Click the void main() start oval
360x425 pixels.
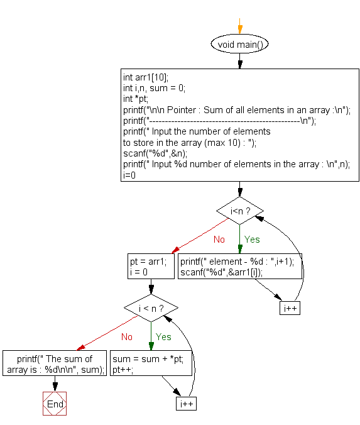point(239,44)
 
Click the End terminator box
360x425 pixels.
point(55,404)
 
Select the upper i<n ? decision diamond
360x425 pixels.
point(239,210)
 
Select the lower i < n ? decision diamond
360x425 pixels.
point(150,308)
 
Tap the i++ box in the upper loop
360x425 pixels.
point(290,308)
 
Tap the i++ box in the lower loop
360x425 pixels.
point(187,403)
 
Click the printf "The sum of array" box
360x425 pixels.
point(55,365)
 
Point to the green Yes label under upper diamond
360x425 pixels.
point(252,240)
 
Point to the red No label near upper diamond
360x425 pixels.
point(219,240)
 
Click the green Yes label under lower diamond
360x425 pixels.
point(163,337)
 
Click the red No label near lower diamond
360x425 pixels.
point(127,337)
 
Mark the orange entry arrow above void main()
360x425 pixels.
point(239,29)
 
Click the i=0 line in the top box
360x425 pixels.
point(129,175)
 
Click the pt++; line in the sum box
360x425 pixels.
point(124,370)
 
